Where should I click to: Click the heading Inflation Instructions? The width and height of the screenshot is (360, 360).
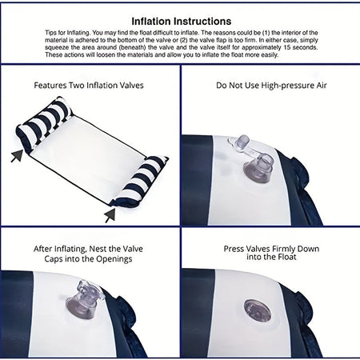(182, 22)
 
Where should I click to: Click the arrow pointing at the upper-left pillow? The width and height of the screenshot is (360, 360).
(17, 155)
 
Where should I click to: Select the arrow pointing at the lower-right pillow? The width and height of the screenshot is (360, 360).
(110, 215)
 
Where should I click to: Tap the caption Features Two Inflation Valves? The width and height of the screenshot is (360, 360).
(89, 86)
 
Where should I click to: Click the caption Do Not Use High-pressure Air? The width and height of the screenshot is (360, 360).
(271, 86)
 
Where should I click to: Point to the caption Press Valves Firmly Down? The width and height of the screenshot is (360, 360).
(271, 249)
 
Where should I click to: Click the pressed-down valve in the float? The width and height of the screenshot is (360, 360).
(258, 310)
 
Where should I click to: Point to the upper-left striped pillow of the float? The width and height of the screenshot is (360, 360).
(44, 119)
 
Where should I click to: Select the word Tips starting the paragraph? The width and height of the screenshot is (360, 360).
(50, 33)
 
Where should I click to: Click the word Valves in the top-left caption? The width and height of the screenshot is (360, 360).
(130, 86)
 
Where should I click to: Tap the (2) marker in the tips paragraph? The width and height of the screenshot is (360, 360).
(184, 40)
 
